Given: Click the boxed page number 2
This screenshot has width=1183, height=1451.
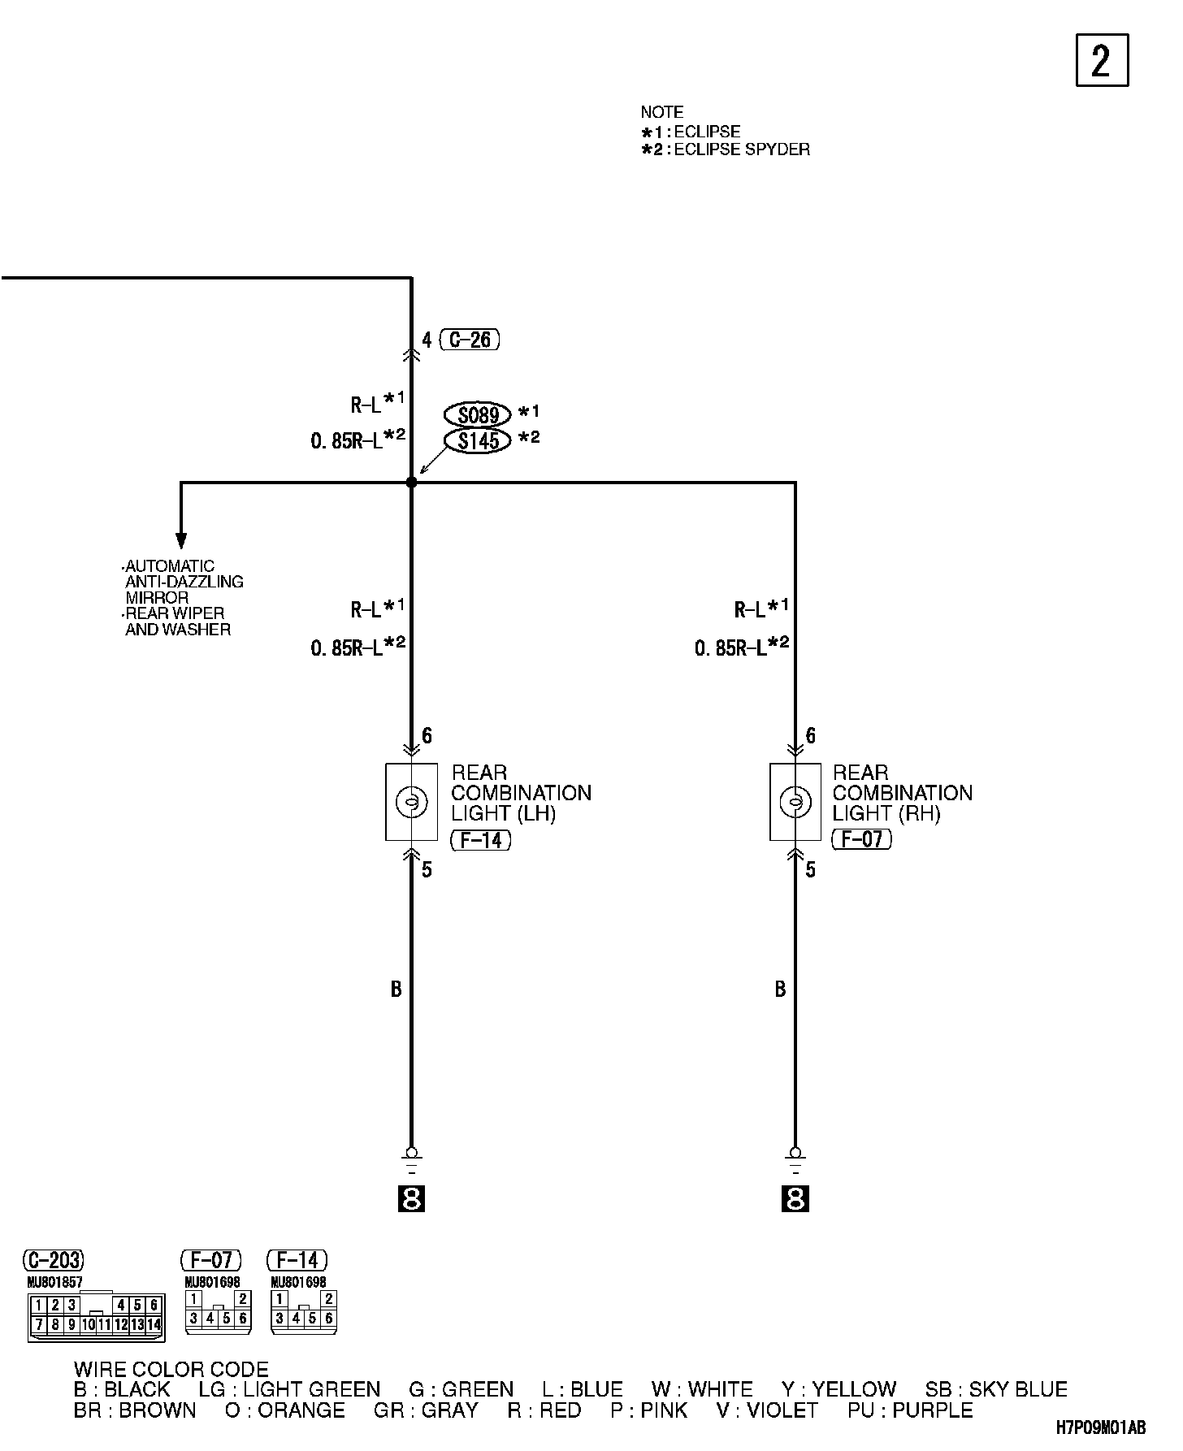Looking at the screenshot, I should (1102, 60).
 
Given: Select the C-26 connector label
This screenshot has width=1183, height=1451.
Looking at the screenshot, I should (470, 340).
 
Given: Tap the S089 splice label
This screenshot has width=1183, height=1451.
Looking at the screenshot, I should (478, 415).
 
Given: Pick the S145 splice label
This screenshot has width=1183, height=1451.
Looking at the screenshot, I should (478, 441).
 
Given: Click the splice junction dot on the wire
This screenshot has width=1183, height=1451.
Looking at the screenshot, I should (411, 483).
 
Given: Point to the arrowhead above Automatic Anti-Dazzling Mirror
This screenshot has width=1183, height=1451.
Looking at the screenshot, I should (181, 541).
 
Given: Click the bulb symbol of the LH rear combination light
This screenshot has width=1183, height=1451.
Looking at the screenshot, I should (410, 803).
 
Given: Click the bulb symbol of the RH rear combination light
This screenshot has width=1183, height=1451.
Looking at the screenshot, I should (795, 803).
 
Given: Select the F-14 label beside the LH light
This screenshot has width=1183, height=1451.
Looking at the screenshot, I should (481, 839).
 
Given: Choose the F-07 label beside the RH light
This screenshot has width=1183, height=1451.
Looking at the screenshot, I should (862, 839).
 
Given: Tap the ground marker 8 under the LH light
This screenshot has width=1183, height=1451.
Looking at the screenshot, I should (411, 1199).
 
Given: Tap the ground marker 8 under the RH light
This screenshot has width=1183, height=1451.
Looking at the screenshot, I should (795, 1199).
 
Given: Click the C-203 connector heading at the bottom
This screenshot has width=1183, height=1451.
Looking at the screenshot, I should (53, 1260).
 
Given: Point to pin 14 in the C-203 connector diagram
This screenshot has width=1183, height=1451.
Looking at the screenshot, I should (154, 1324).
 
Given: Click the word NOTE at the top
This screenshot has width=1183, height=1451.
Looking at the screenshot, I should (661, 112).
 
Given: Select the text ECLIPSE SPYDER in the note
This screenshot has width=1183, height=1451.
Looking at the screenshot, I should (742, 149).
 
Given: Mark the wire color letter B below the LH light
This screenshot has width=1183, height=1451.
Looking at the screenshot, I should (396, 990).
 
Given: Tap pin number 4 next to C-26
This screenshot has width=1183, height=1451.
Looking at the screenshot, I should (427, 340).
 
